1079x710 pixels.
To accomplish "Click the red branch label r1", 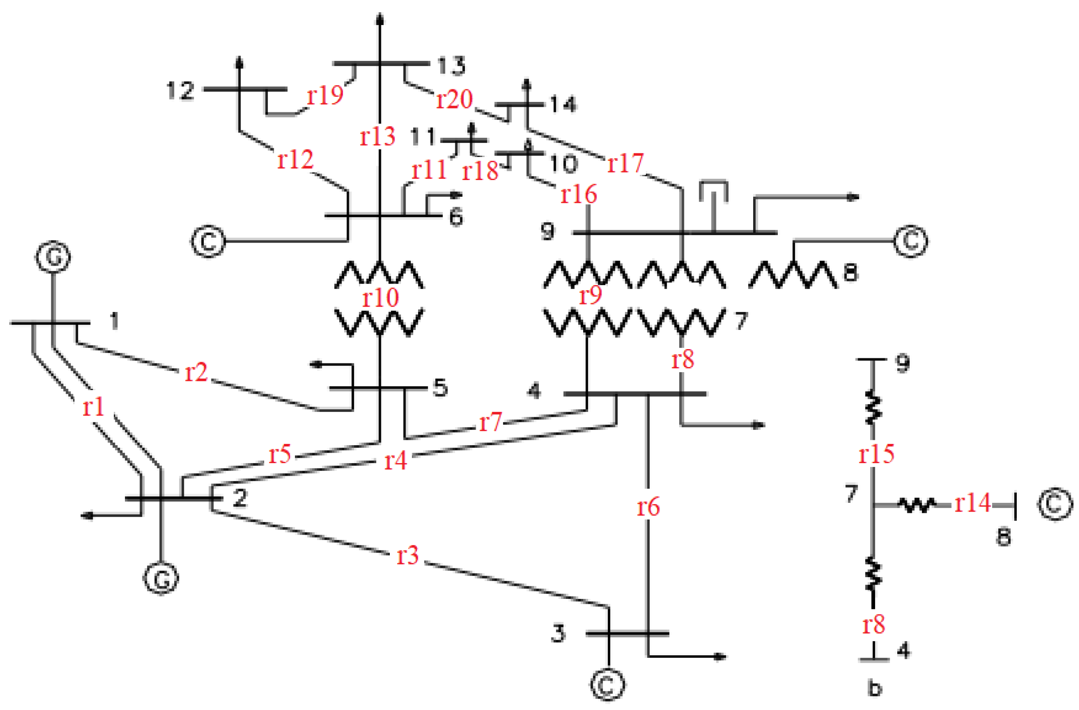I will (94, 407).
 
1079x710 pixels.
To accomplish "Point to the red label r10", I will (380, 297).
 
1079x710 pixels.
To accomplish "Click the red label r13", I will (377, 136).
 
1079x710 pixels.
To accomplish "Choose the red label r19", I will (325, 95).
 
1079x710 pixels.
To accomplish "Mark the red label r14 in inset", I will (972, 503).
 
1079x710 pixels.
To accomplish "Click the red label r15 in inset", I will (876, 454).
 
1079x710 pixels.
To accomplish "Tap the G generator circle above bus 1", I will (53, 256).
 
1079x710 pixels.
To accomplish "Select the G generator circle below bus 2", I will (161, 578).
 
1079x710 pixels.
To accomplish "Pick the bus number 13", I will (451, 65).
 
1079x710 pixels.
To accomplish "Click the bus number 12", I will (180, 90).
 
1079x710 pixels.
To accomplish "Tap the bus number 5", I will (440, 388).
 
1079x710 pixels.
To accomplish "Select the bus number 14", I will (563, 104).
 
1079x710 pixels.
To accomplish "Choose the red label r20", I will (454, 99).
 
